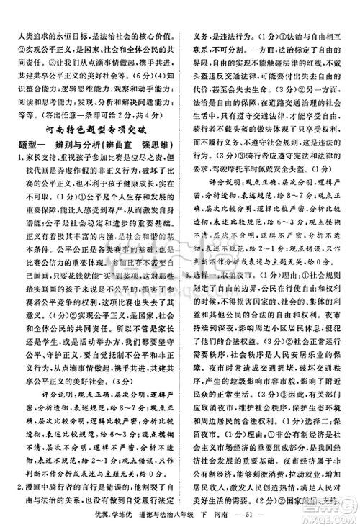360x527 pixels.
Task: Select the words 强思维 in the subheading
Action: pyautogui.click(x=156, y=145)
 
